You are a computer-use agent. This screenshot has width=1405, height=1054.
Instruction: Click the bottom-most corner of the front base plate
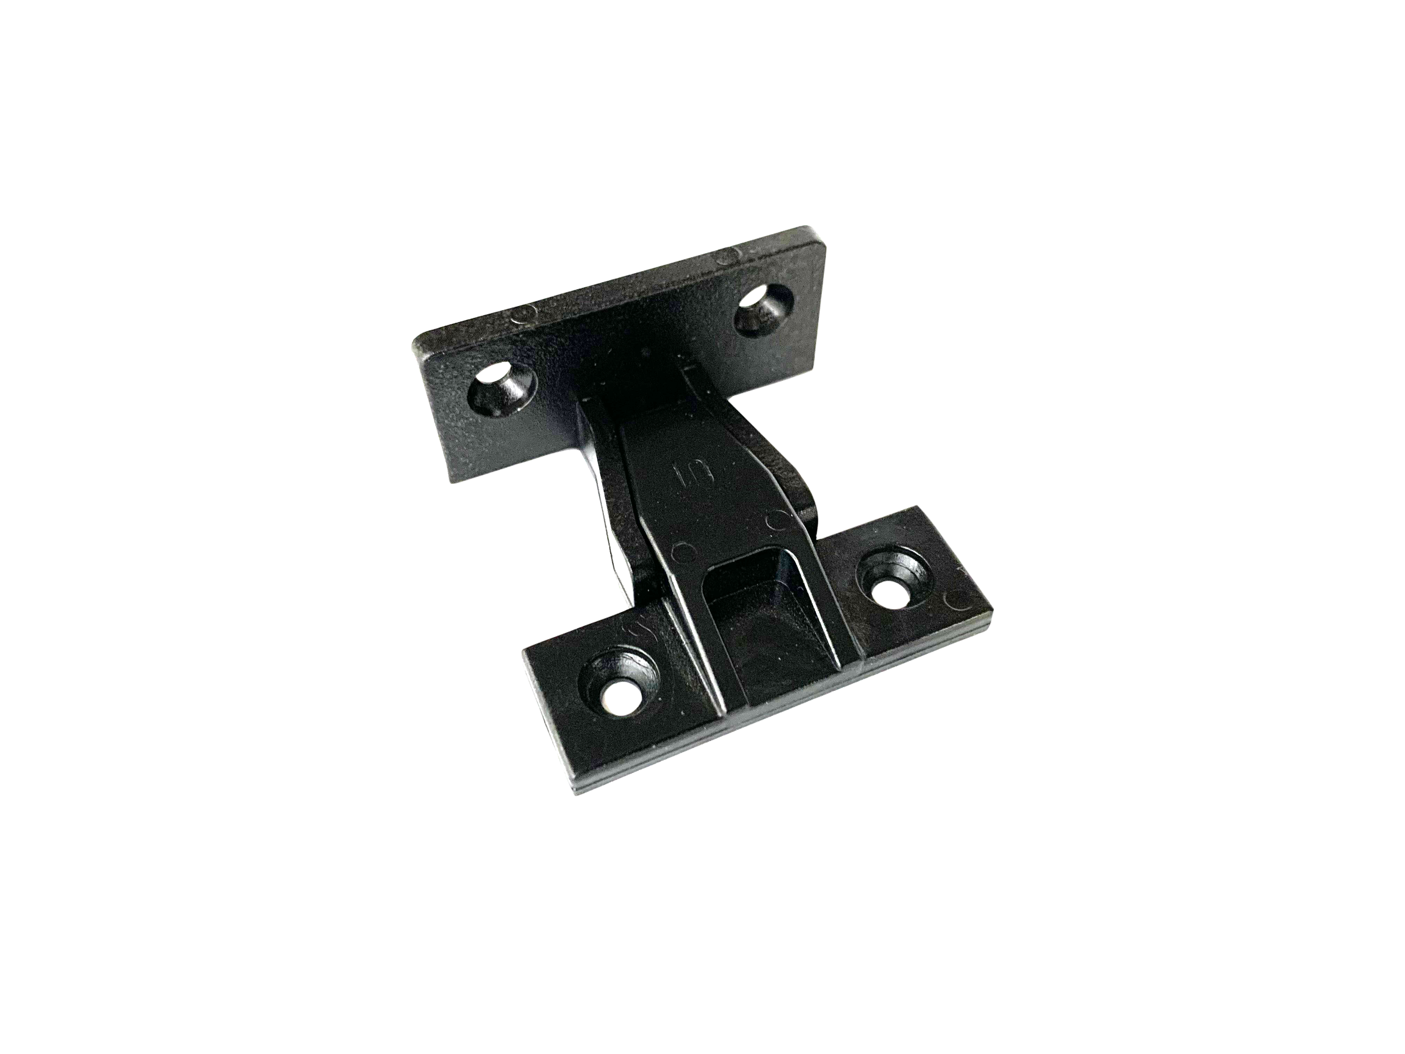pyautogui.click(x=575, y=796)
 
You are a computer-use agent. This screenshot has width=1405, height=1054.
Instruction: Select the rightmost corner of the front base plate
pyautogui.click(x=993, y=610)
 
